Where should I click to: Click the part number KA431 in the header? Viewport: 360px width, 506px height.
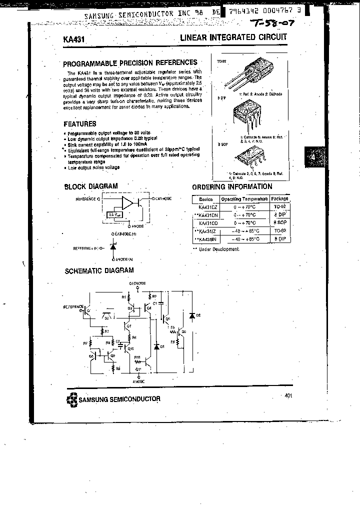[73, 38]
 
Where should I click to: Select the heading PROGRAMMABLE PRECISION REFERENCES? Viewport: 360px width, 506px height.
[130, 62]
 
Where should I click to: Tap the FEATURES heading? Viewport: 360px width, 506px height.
[80, 123]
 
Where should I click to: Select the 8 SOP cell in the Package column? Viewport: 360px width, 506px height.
[279, 222]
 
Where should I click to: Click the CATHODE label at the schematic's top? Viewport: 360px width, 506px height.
[137, 283]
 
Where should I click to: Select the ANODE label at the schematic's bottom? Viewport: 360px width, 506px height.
[139, 381]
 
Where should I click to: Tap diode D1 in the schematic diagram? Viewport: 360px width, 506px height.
[156, 346]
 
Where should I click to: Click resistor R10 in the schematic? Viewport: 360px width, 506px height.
[138, 360]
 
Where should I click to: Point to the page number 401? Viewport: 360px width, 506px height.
[288, 395]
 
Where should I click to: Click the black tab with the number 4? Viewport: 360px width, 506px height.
[313, 157]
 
